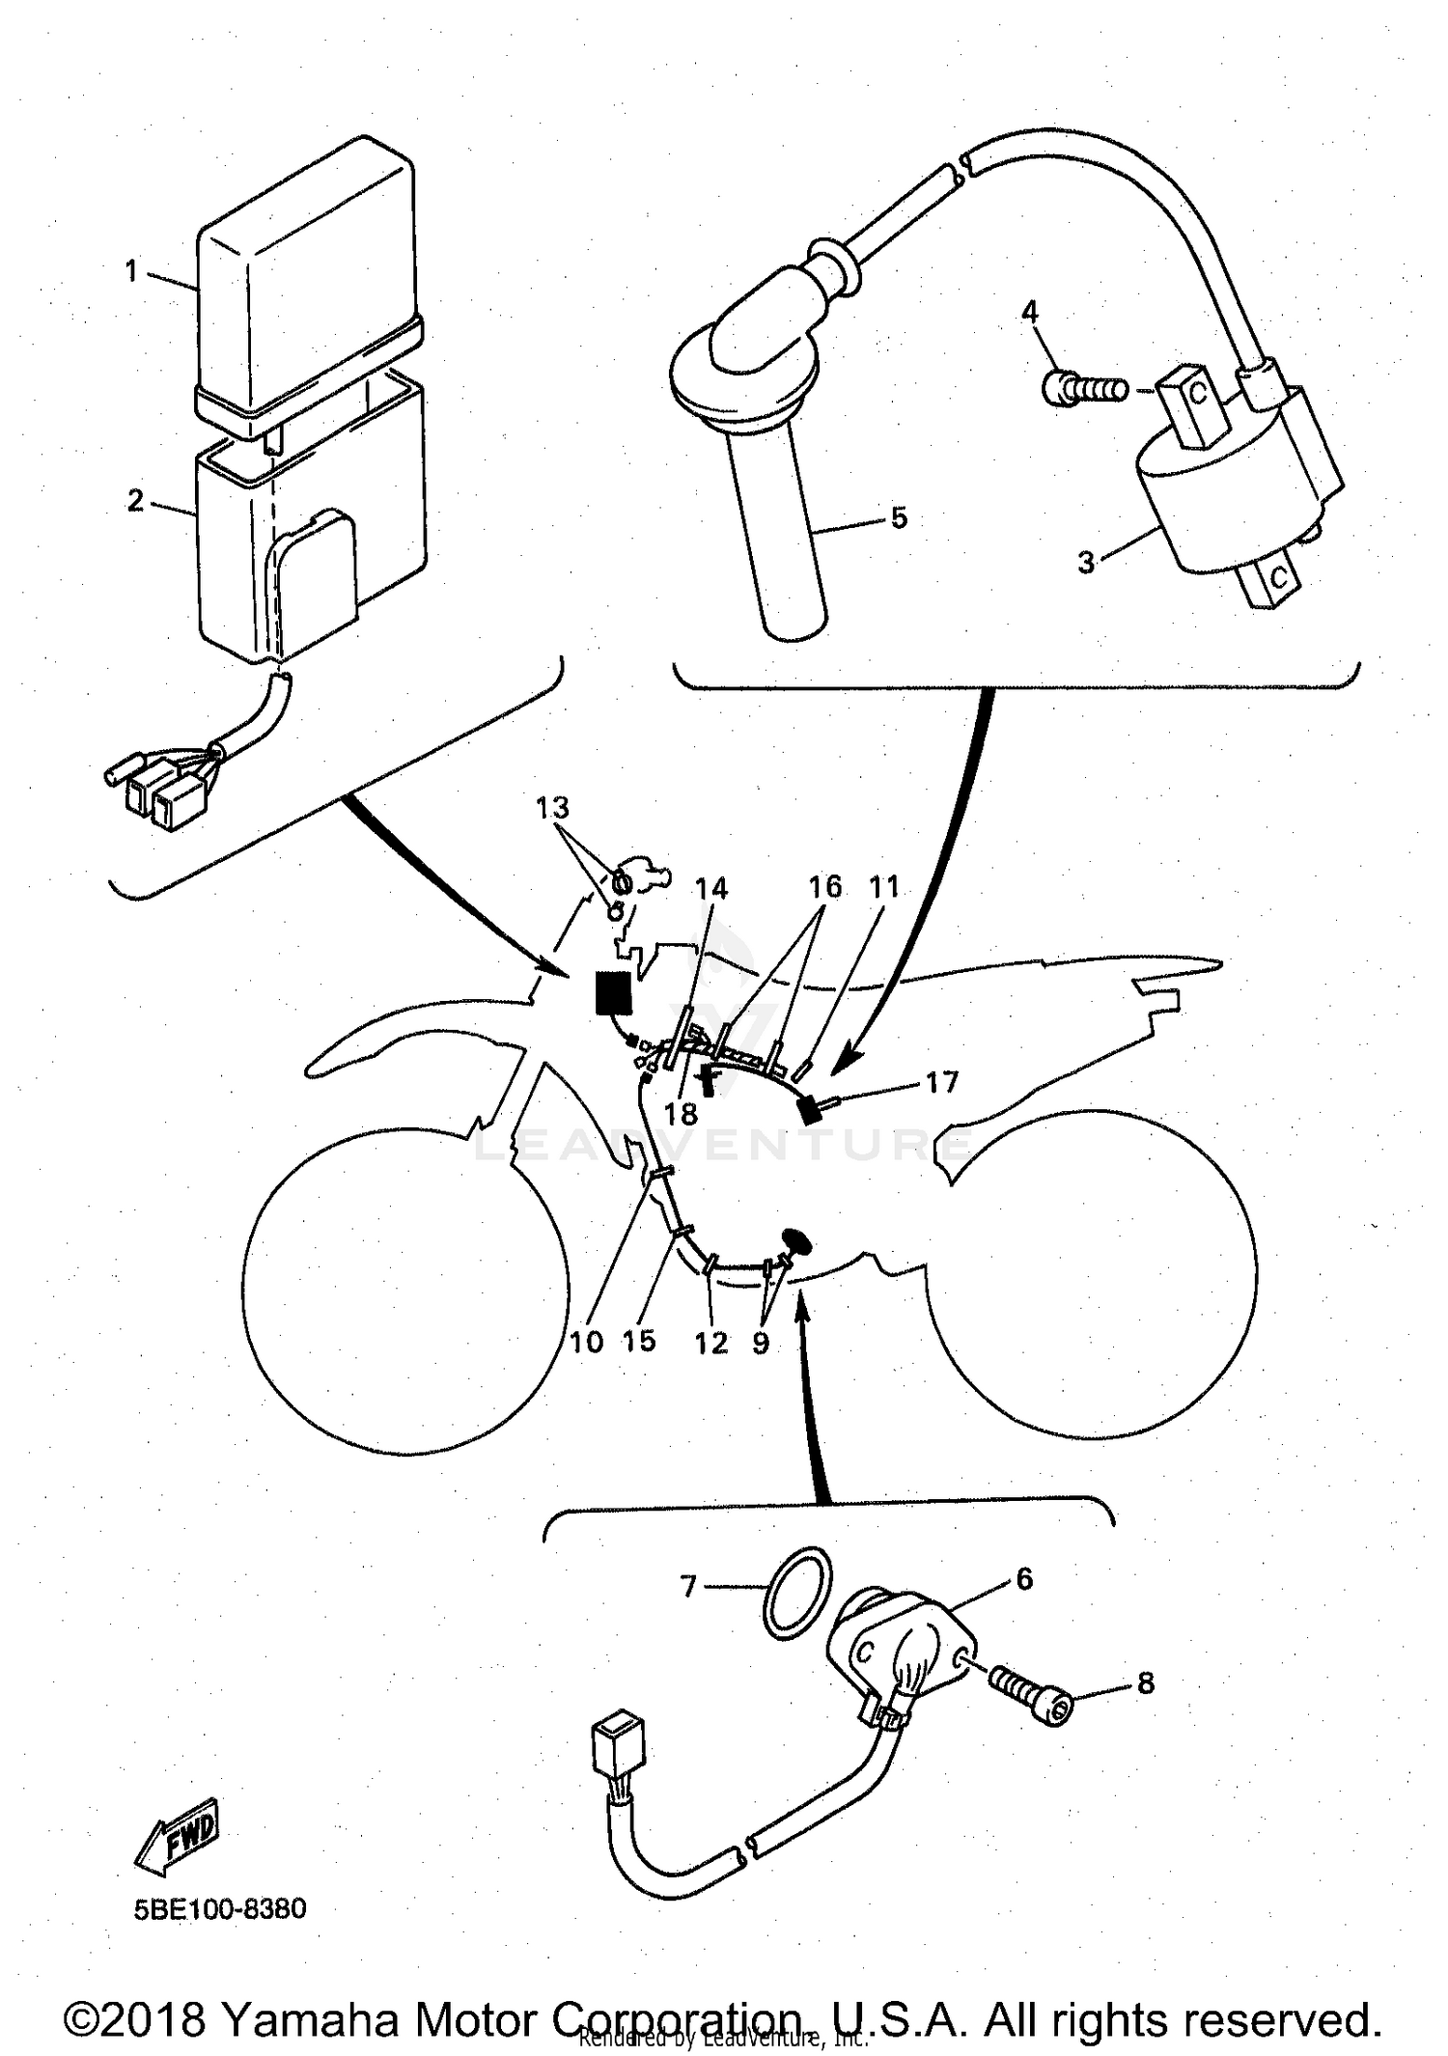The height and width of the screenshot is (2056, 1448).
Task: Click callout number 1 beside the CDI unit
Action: click(x=131, y=271)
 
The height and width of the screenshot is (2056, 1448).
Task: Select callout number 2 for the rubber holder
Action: click(x=135, y=500)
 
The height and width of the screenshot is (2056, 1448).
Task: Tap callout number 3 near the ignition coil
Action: click(x=1087, y=562)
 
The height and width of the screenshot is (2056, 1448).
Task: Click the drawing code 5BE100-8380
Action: click(x=220, y=1909)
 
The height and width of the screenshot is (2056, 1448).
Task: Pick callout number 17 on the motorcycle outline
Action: click(x=941, y=1082)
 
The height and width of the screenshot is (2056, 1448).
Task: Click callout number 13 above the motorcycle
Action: click(x=553, y=807)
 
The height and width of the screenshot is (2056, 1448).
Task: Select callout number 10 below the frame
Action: click(x=586, y=1342)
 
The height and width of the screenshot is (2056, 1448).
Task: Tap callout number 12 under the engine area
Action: click(x=711, y=1344)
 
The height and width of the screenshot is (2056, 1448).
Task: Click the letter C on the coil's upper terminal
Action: click(x=1198, y=394)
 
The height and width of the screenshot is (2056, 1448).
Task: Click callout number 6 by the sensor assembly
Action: click(x=1024, y=1579)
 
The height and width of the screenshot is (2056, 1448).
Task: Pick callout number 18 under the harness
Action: click(x=681, y=1114)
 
